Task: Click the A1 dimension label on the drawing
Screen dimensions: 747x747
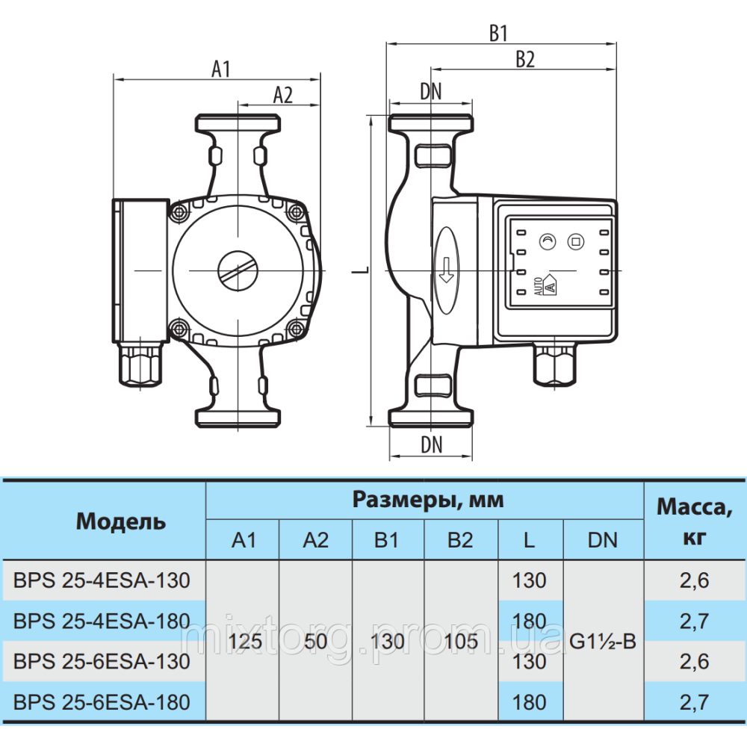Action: [220, 69]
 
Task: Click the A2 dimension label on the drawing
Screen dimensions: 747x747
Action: [282, 96]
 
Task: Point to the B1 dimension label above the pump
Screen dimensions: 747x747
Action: [498, 34]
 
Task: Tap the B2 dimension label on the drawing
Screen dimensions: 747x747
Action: [525, 60]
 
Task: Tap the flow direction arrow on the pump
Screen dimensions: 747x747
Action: [447, 270]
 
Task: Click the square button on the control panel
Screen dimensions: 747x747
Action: [576, 241]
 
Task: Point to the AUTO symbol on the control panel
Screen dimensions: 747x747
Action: [545, 285]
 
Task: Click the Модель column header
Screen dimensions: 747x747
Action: [121, 521]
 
